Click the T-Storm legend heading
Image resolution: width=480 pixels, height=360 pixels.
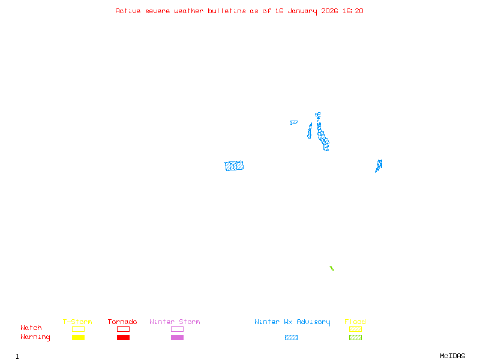(77, 322)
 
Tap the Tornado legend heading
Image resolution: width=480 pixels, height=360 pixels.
(122, 322)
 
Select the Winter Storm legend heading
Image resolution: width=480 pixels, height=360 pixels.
(175, 322)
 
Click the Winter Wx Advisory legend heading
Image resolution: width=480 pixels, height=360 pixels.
(292, 322)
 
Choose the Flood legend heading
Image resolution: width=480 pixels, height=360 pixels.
(355, 322)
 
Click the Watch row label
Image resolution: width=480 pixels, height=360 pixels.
(31, 328)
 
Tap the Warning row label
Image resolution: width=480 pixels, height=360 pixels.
(35, 337)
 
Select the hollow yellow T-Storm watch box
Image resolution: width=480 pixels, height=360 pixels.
(78, 329)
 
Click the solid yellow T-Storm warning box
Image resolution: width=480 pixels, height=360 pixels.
(78, 338)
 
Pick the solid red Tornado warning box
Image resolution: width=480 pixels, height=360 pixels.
(123, 338)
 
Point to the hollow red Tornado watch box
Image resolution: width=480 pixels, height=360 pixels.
(123, 329)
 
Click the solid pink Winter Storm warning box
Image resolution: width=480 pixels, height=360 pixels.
(177, 338)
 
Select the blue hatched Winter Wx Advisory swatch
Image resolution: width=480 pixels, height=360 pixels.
(291, 338)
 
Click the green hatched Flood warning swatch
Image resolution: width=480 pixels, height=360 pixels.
(355, 338)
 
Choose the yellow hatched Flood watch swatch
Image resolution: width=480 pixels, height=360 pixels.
(355, 329)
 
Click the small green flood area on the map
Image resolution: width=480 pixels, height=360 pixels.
(331, 268)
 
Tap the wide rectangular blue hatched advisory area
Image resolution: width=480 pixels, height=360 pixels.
(234, 166)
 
